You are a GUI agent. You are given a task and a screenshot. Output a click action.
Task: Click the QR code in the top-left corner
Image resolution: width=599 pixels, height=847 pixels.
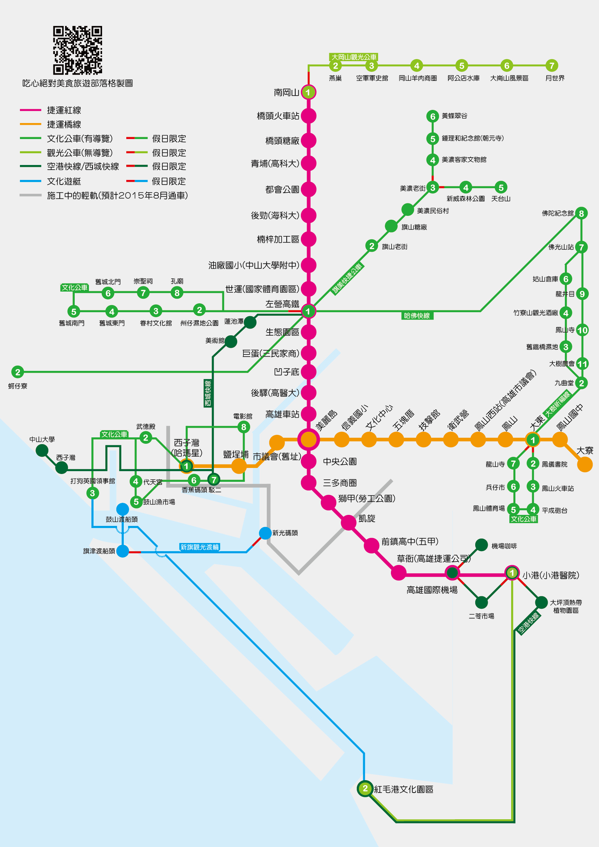click(x=78, y=50)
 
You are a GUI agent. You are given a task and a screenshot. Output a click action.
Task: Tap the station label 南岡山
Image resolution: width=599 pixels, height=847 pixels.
click(x=286, y=92)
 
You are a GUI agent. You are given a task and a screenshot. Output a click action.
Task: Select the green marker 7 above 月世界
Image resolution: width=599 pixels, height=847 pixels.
click(x=551, y=66)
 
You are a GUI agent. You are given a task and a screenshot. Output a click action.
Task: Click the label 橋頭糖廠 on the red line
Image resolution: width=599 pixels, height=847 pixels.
click(x=282, y=140)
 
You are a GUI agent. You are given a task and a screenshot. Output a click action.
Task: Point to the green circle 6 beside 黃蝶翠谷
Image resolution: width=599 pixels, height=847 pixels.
click(x=433, y=117)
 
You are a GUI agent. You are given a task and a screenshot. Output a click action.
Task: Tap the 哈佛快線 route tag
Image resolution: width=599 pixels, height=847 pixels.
click(x=417, y=315)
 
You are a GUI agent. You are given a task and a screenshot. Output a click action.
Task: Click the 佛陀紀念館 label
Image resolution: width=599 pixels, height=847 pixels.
click(x=558, y=213)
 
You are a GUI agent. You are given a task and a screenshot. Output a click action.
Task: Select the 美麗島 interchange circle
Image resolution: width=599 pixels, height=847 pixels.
click(x=308, y=440)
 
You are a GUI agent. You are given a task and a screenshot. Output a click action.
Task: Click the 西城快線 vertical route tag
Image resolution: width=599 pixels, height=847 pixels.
click(x=208, y=393)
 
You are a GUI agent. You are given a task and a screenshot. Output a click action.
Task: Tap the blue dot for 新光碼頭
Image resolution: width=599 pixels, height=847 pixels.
click(x=265, y=533)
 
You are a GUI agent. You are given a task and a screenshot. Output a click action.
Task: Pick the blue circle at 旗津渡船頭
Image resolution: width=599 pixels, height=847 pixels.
click(x=122, y=551)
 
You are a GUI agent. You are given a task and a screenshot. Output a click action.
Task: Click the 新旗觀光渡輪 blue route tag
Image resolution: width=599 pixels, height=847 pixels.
click(x=199, y=547)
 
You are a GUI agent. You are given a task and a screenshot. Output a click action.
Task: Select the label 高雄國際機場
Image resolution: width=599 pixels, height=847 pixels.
click(x=432, y=590)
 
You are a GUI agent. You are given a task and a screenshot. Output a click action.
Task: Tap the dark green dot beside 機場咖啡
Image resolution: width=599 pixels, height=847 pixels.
click(x=481, y=545)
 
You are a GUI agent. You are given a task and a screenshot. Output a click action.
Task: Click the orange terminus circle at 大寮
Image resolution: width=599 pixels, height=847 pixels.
click(x=585, y=464)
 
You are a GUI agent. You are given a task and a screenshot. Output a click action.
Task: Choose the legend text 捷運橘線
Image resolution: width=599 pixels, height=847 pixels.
click(x=64, y=124)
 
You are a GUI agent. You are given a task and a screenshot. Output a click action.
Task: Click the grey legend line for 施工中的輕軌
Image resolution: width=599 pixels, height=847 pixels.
click(x=31, y=195)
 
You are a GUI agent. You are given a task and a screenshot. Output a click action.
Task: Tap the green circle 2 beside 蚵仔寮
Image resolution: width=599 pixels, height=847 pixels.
click(x=17, y=372)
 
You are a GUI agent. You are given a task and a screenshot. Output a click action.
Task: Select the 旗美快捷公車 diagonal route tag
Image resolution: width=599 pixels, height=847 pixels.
click(x=347, y=278)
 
